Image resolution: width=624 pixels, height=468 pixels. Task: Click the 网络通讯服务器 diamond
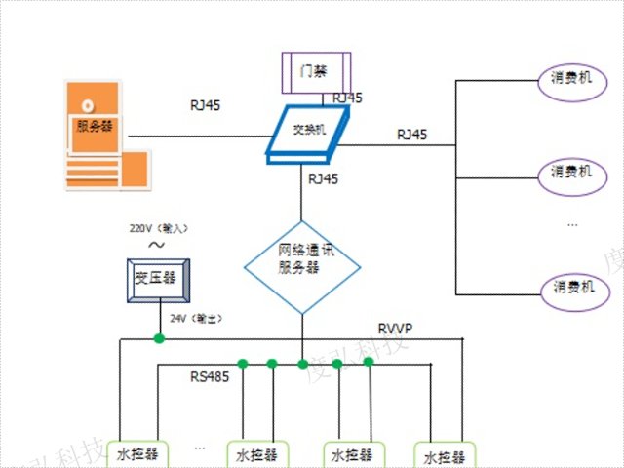tap(300, 260)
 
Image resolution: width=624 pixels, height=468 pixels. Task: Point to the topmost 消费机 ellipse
tap(571, 78)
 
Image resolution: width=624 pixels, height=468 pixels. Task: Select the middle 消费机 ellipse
tap(571, 172)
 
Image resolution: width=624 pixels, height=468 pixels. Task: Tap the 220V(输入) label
tap(158, 228)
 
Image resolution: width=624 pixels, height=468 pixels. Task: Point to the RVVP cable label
tap(395, 329)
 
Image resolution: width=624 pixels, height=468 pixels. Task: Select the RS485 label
tap(210, 377)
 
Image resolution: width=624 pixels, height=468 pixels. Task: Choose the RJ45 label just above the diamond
tap(323, 179)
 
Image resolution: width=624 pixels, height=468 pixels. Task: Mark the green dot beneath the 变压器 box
tap(157, 339)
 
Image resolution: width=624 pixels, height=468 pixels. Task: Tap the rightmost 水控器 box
tap(446, 455)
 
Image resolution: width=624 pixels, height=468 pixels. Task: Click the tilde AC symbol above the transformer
tap(155, 247)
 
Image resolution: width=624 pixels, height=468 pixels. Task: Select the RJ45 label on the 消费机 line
tap(410, 134)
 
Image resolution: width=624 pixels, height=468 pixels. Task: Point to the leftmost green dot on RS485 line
tap(242, 364)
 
